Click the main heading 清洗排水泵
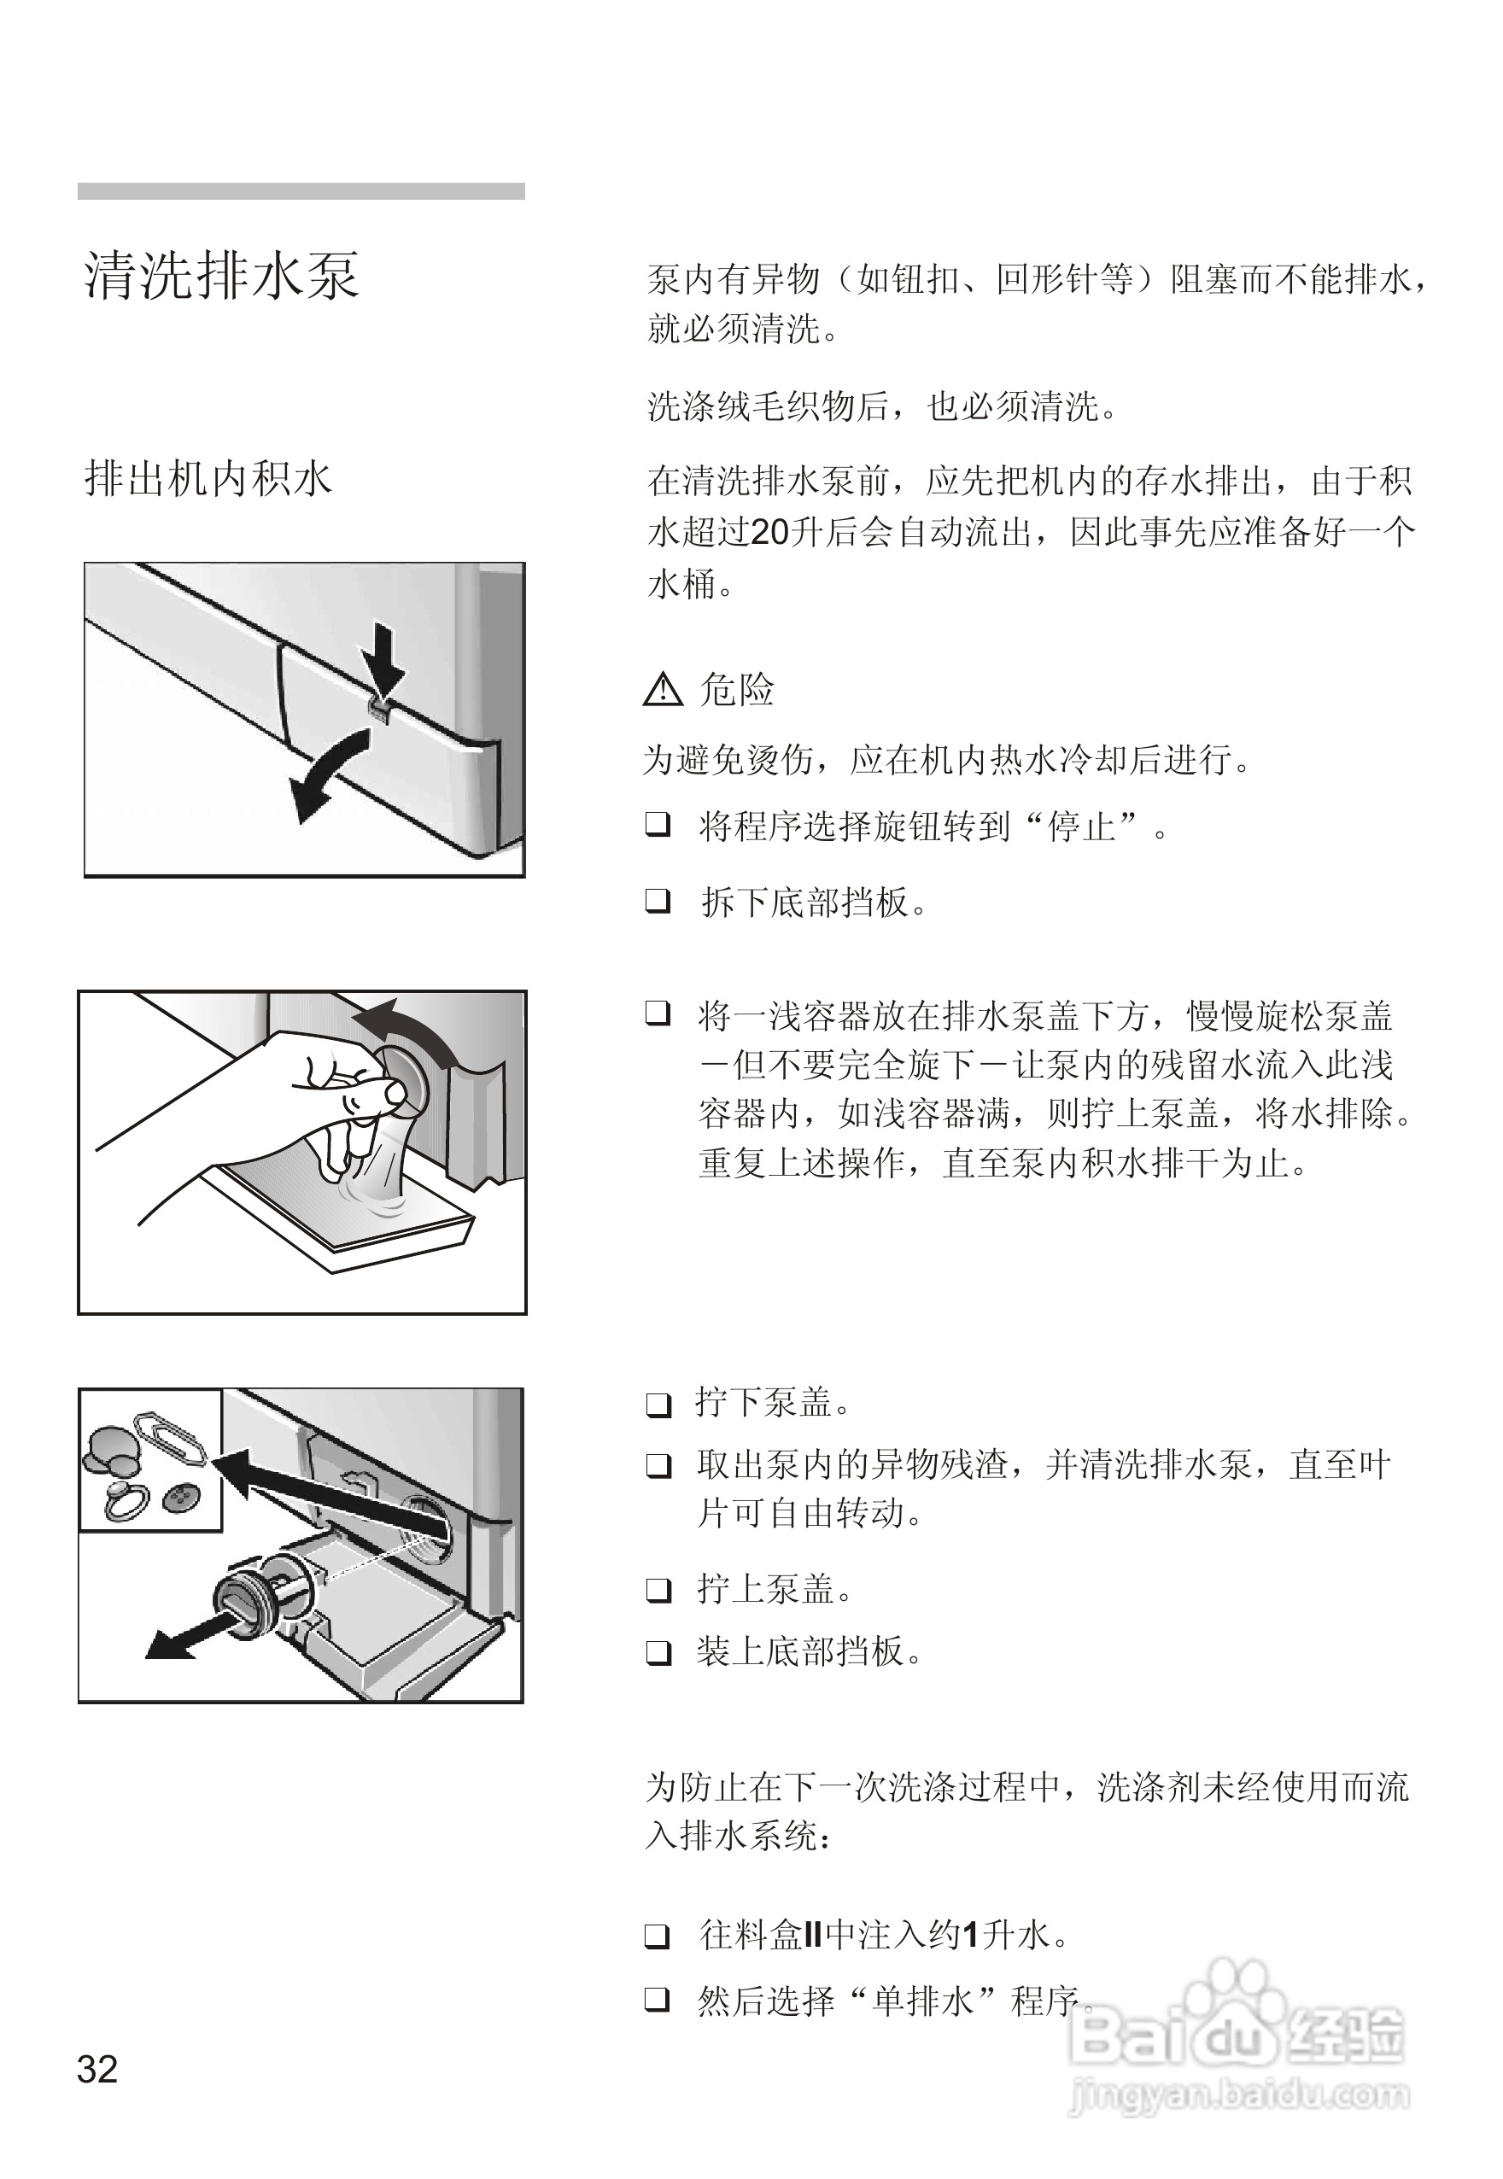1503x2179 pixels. point(221,276)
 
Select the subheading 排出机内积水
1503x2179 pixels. point(208,478)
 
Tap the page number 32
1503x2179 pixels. point(97,2069)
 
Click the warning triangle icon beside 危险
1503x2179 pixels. point(662,690)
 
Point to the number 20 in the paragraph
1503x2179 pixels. point(769,533)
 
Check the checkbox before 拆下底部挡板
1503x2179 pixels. point(658,901)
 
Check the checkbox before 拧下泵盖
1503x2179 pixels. point(658,1405)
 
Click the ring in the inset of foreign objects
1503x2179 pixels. point(126,1501)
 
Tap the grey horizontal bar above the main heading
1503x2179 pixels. point(301,191)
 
